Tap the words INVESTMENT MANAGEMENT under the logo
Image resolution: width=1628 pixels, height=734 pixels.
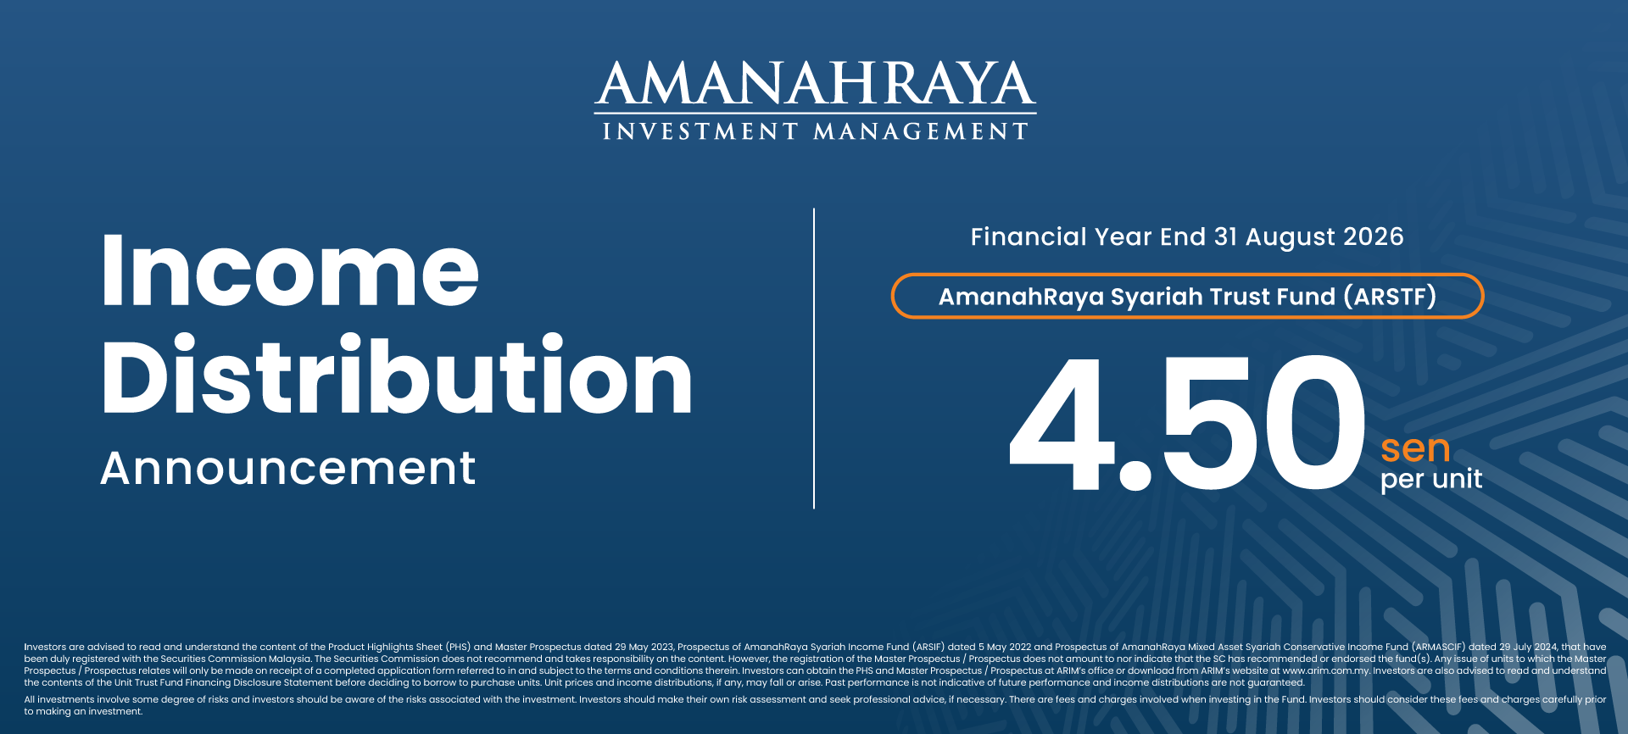pos(815,131)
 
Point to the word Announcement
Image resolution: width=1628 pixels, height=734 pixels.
pos(288,468)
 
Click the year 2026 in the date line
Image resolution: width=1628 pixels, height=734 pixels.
pos(1374,236)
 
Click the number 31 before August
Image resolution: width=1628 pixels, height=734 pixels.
pos(1225,236)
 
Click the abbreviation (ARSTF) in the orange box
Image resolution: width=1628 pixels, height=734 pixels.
pos(1391,297)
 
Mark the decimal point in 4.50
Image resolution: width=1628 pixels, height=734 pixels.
pos(1135,475)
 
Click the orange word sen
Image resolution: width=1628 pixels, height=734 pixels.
pos(1415,448)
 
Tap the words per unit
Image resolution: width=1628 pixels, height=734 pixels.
pos(1431,480)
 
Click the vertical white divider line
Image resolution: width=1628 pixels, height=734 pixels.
pos(814,359)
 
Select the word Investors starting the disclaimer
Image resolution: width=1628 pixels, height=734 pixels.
pos(45,647)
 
